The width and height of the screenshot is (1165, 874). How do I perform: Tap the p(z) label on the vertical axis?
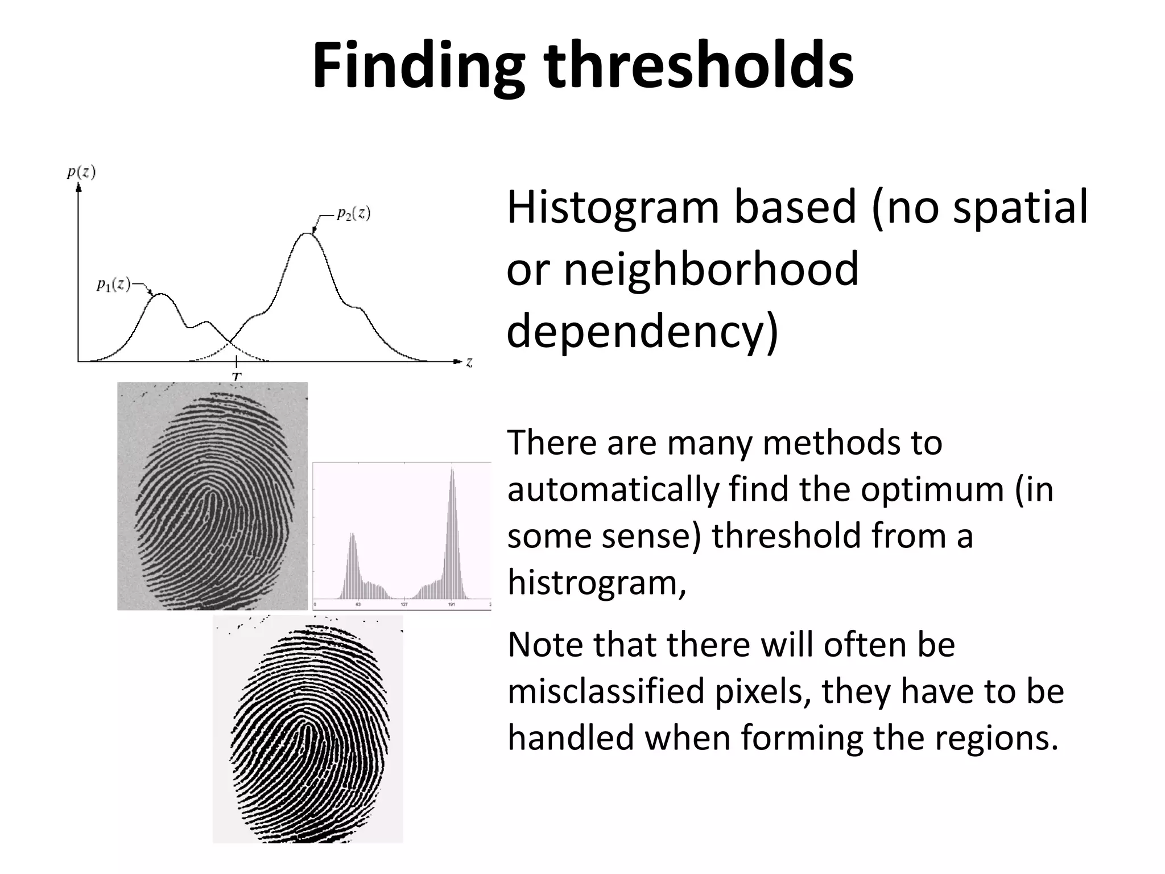[x=81, y=172]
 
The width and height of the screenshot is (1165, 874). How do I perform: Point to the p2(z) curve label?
[x=353, y=213]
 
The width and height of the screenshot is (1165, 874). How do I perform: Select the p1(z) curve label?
[x=114, y=285]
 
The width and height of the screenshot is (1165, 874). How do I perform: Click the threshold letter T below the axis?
[x=237, y=376]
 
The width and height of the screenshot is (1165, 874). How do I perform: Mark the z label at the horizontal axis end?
[x=469, y=362]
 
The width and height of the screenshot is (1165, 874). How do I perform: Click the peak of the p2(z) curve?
[x=308, y=233]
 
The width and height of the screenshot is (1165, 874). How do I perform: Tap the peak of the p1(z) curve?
[x=161, y=294]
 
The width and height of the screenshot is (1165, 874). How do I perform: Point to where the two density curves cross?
[x=229, y=343]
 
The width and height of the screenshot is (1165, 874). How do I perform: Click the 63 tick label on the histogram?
[x=358, y=604]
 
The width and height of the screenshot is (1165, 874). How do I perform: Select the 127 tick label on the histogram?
[x=404, y=604]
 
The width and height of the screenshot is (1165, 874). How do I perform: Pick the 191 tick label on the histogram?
[x=451, y=604]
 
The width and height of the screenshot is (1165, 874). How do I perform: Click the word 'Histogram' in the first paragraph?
[x=613, y=208]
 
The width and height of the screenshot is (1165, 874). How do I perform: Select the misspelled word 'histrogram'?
[x=597, y=583]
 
